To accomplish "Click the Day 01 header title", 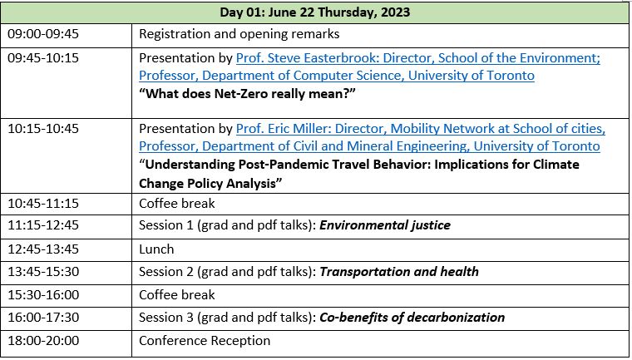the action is (315, 12).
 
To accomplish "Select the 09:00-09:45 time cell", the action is (43, 33).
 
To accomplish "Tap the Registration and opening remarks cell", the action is (239, 34).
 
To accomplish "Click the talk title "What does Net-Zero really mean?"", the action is (247, 94).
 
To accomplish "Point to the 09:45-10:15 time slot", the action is (43, 57).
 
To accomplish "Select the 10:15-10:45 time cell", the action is (43, 129).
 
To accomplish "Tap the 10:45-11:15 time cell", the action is (43, 203).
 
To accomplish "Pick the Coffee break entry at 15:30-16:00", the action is (177, 294).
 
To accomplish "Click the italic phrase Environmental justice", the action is (385, 225).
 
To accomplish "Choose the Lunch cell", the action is (156, 249).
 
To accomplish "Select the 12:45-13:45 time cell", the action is (43, 249).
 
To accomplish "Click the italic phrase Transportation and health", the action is (399, 272).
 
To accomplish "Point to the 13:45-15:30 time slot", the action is (43, 272).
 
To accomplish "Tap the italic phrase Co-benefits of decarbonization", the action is (412, 318).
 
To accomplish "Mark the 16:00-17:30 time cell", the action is (43, 318).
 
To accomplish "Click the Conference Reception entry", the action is (205, 341).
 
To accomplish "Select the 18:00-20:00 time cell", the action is (43, 341).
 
